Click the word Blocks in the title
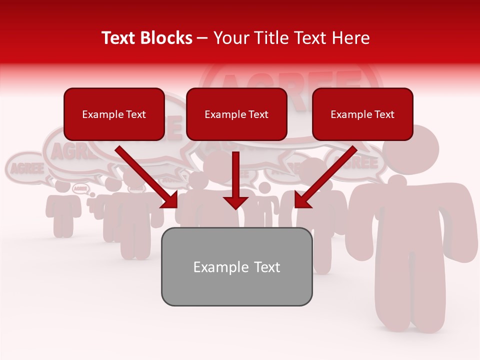[168, 38]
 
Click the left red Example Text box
[114, 114]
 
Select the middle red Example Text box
[236, 114]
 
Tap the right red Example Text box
[362, 114]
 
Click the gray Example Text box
[236, 266]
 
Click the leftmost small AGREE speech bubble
[23, 167]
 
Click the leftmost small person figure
[63, 210]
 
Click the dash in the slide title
[202, 38]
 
